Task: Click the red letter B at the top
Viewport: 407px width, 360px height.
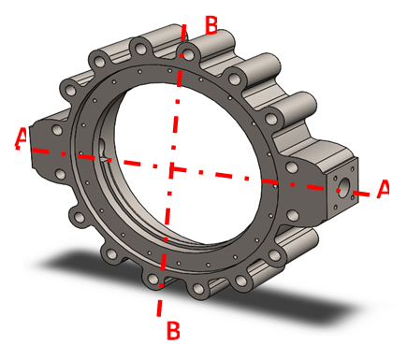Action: pos(211,25)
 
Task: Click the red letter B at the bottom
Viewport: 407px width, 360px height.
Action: pos(173,330)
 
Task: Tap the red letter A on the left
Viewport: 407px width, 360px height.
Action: pos(22,138)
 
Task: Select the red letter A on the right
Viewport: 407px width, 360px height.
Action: pos(383,188)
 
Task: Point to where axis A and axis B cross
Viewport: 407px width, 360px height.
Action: pos(172,168)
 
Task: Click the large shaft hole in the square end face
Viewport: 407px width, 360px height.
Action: pos(343,187)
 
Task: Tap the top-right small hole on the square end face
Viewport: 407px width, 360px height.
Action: pos(353,169)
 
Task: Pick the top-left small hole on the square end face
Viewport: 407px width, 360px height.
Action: pos(335,178)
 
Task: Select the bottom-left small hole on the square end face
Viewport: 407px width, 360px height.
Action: pos(335,207)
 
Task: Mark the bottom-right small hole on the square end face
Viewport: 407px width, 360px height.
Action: pos(353,197)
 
